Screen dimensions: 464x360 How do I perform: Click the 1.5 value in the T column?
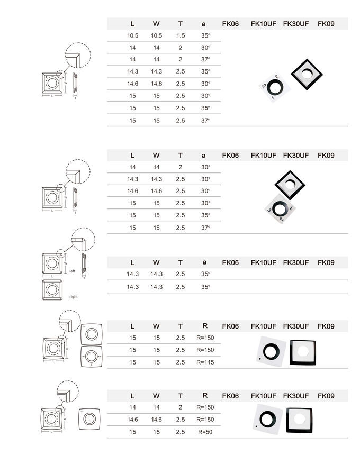181,35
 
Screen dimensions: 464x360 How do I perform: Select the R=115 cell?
205,362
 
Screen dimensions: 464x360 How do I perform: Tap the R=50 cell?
205,432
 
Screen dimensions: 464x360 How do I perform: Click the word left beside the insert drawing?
73,271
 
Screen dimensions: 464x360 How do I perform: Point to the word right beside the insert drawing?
73,297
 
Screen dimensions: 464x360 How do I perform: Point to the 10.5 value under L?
132,35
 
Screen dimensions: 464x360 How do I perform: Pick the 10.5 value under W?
156,35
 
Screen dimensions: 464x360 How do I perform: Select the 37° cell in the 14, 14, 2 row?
205,60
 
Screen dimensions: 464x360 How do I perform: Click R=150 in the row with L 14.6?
205,420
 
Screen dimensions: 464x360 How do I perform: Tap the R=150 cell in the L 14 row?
205,407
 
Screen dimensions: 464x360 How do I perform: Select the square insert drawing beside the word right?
51,289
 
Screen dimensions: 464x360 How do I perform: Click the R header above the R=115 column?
205,326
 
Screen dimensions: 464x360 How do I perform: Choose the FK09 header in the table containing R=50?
326,396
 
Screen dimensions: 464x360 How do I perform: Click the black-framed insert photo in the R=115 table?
302,351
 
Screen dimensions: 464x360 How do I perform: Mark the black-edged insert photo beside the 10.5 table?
307,73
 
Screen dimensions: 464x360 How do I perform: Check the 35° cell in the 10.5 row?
205,35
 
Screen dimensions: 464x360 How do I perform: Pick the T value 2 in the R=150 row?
181,407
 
